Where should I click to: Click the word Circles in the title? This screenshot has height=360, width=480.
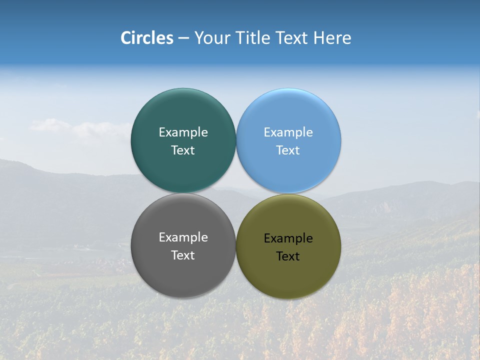pos(147,38)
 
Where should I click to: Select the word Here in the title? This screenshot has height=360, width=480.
pos(332,38)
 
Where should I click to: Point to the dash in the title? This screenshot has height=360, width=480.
pos(183,38)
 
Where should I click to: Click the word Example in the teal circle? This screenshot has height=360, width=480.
pos(183,132)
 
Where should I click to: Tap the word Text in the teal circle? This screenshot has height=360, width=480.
pos(183,150)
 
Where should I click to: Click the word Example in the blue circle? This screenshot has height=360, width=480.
pos(288,132)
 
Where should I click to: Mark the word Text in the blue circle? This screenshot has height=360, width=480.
pos(288,150)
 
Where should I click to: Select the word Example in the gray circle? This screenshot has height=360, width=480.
pos(183,237)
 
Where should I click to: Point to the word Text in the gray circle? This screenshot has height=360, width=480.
pos(183,255)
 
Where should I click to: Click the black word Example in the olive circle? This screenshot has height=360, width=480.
pos(288,238)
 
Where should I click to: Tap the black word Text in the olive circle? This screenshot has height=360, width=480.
pos(288,256)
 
